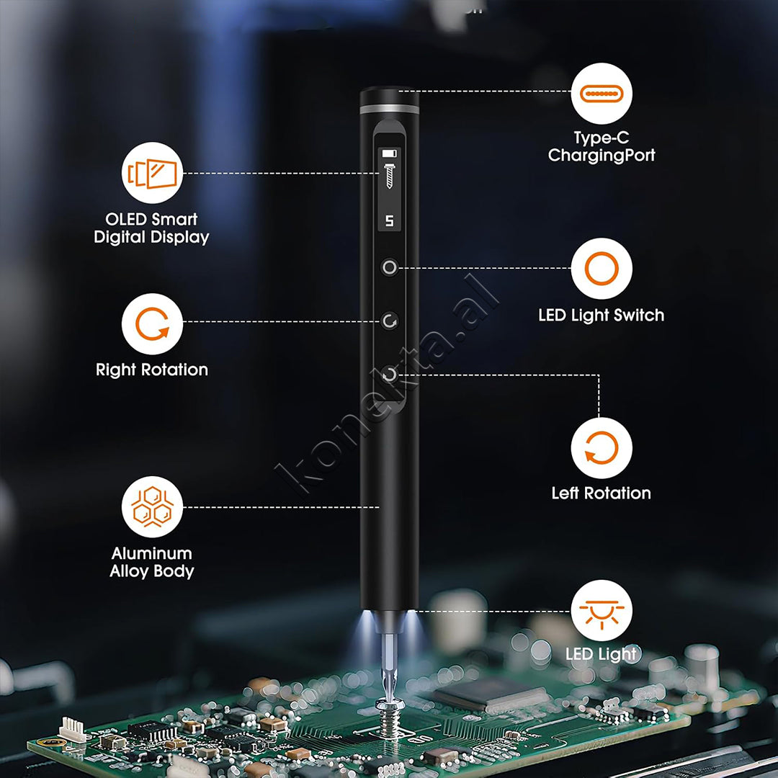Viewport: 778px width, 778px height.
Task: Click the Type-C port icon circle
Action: [x=602, y=93]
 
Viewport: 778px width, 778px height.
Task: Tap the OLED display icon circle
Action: [x=152, y=173]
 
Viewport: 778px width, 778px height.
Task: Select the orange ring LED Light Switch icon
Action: [x=602, y=269]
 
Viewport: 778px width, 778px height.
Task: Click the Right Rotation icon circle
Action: [x=152, y=324]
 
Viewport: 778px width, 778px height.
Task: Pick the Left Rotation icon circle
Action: [x=602, y=448]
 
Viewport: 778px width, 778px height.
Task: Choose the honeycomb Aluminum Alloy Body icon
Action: [x=152, y=506]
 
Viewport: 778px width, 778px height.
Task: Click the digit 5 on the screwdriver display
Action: [x=390, y=221]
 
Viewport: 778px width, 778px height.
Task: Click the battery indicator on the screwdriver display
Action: [x=390, y=153]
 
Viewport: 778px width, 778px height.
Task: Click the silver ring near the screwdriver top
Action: [x=390, y=109]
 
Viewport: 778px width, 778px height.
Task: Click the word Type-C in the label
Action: [x=602, y=138]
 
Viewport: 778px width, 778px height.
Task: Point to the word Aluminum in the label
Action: [x=152, y=553]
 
